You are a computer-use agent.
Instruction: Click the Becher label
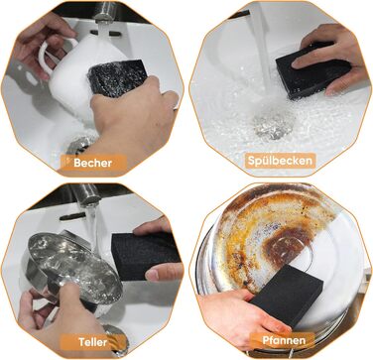tap(92, 163)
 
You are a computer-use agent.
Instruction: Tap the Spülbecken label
tap(280, 161)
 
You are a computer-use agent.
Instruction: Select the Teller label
tap(93, 342)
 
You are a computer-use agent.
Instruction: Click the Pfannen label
tap(284, 340)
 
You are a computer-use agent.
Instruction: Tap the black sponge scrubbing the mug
tap(117, 78)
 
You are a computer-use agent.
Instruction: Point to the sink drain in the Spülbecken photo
tap(274, 125)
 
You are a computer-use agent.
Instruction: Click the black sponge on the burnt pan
tap(287, 296)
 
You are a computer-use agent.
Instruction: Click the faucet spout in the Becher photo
tap(105, 13)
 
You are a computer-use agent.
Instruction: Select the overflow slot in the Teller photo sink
tap(72, 216)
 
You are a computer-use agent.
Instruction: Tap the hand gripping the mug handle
tap(40, 42)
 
